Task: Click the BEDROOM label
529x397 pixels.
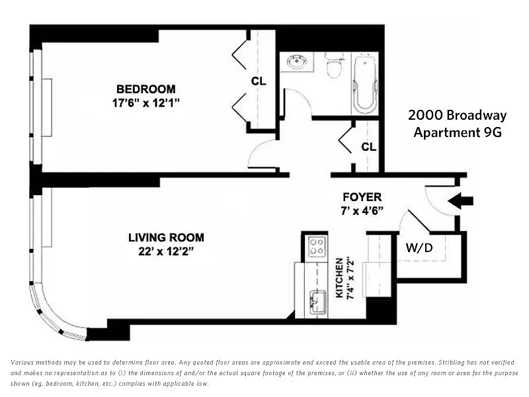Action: [145, 89]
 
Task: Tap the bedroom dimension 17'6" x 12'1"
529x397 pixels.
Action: [145, 103]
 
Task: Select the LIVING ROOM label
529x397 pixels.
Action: [166, 238]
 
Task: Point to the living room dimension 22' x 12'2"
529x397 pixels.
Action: [166, 251]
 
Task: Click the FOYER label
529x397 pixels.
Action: [362, 197]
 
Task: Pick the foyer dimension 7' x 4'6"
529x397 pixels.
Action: [362, 210]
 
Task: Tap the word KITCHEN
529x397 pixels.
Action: [339, 278]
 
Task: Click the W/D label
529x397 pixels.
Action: [419, 247]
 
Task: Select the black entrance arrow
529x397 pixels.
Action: [460, 201]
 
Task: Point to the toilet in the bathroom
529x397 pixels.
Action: [334, 65]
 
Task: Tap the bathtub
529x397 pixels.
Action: [364, 84]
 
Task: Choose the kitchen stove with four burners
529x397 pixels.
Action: [317, 246]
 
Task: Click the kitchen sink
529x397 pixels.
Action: [317, 302]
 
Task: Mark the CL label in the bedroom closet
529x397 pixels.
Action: [259, 81]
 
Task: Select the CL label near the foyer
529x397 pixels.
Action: [369, 147]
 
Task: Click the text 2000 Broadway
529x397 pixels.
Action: [457, 115]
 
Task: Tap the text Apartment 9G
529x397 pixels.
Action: [458, 132]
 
